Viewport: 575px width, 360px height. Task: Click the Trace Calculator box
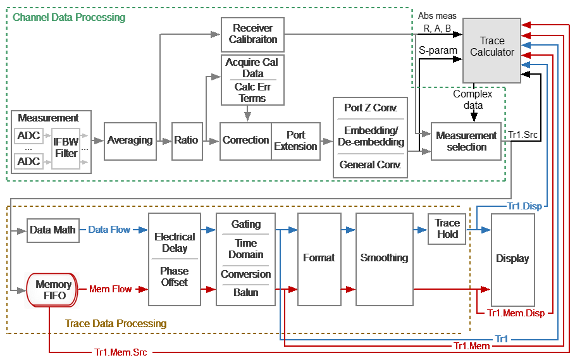(x=492, y=51)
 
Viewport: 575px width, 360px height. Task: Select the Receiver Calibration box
(x=252, y=34)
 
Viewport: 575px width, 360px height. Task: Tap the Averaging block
(x=130, y=141)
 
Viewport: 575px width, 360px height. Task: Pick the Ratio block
(x=187, y=141)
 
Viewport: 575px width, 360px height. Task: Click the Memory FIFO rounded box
(x=52, y=290)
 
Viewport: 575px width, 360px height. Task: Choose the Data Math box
(x=53, y=230)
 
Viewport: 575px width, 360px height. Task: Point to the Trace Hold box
(x=447, y=229)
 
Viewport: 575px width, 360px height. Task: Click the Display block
(x=512, y=259)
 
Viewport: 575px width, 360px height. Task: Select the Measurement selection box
(x=466, y=141)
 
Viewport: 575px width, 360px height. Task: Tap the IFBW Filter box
(x=66, y=148)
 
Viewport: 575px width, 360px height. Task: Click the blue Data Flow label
(x=109, y=230)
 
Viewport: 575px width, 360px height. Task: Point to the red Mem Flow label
(x=110, y=289)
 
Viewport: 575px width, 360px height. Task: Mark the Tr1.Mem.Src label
(x=121, y=352)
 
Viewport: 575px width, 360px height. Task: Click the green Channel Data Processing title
(x=69, y=17)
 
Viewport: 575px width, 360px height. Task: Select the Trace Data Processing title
(x=116, y=323)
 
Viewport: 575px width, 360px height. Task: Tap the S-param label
(x=438, y=51)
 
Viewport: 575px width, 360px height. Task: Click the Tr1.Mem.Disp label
(x=516, y=313)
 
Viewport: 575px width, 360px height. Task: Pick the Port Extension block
(x=295, y=141)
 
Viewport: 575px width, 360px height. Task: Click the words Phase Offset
(x=174, y=276)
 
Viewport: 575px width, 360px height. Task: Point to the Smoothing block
(x=385, y=259)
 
